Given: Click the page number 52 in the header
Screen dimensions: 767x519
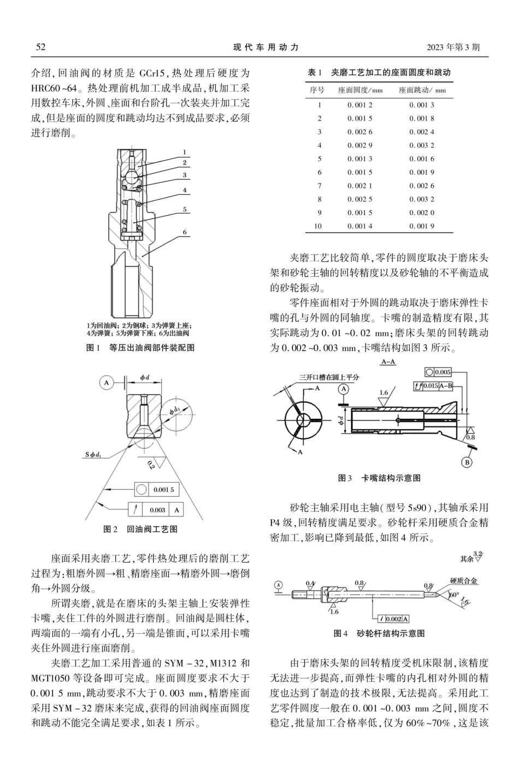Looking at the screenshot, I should pyautogui.click(x=40, y=47).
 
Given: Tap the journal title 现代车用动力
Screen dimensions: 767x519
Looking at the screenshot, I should pyautogui.click(x=266, y=47).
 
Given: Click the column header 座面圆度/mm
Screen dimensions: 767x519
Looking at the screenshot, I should pyautogui.click(x=360, y=90).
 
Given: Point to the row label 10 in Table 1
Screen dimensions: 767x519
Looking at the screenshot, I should pyautogui.click(x=319, y=226).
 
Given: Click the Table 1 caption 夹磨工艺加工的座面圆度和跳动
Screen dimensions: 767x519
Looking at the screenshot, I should pyautogui.click(x=391, y=73).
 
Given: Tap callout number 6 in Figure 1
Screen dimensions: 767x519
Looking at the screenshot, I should pyautogui.click(x=185, y=232).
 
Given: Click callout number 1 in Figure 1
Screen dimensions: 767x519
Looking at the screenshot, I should pyautogui.click(x=185, y=152).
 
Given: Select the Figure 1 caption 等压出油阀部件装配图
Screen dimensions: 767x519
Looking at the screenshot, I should pyautogui.click(x=152, y=347).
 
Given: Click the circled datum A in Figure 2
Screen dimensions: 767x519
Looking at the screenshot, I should pyautogui.click(x=106, y=383).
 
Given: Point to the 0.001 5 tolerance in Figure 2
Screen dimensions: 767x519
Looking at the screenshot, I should pyautogui.click(x=163, y=490).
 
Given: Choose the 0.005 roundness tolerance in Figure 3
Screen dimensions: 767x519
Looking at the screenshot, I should pyautogui.click(x=443, y=372).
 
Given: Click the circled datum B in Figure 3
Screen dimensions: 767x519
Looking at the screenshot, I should pyautogui.click(x=467, y=462).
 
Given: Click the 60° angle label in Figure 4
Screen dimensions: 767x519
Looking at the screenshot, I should pyautogui.click(x=454, y=594).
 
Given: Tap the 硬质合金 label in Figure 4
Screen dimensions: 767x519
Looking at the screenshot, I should pyautogui.click(x=463, y=580).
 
